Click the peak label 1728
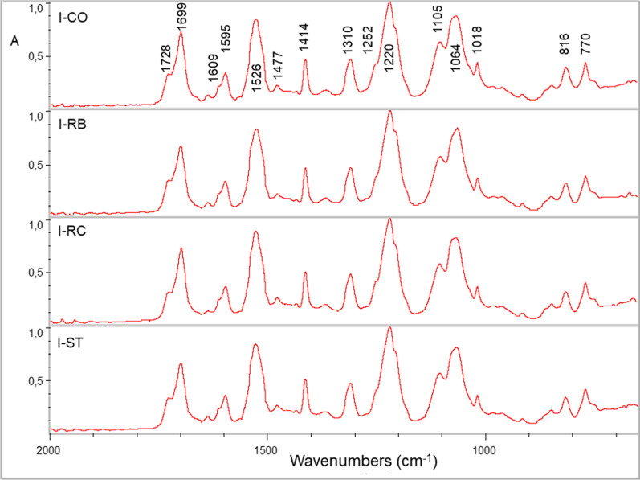point(166,59)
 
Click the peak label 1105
point(438,23)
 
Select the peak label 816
point(565,50)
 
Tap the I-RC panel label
point(71,231)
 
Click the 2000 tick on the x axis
point(49,449)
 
